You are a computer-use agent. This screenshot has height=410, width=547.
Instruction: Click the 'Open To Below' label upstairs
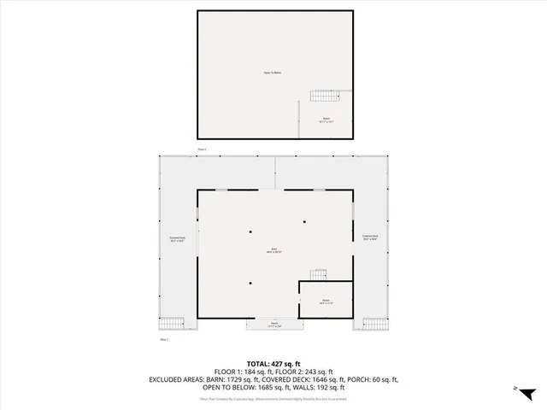click(273, 73)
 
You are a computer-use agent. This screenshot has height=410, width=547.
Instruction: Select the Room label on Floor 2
click(326, 120)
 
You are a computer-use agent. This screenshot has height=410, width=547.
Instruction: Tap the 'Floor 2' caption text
click(203, 149)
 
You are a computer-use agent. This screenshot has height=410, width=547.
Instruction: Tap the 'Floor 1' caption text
click(164, 340)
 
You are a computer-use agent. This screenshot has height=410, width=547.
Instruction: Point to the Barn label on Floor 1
click(273, 251)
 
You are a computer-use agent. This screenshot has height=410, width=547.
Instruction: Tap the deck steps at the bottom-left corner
click(172, 324)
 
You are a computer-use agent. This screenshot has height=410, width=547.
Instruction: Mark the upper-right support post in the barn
click(303, 221)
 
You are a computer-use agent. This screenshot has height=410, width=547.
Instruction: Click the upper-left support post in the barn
click(250, 231)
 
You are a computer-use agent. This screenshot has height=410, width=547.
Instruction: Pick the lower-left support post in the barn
click(250, 283)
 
